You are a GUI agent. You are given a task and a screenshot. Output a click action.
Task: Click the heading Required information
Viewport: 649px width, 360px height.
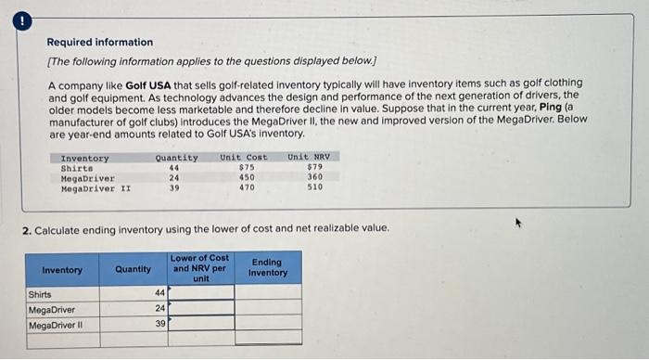[100, 43]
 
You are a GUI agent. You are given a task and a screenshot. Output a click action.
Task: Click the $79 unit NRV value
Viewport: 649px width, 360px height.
[314, 167]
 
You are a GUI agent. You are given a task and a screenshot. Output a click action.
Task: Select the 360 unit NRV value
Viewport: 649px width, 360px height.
[314, 177]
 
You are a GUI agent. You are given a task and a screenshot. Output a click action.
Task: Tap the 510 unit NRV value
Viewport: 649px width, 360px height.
[314, 187]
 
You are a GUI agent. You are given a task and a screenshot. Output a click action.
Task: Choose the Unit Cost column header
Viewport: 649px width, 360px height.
[243, 157]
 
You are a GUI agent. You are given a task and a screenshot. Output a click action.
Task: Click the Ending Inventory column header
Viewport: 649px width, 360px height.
[268, 268]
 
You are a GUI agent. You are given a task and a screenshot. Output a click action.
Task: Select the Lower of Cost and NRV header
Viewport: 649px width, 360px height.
[199, 267]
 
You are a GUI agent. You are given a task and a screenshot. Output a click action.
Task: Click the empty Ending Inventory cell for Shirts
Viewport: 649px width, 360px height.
[268, 293]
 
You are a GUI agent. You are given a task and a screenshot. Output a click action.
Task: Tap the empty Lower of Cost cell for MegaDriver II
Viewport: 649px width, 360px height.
[199, 325]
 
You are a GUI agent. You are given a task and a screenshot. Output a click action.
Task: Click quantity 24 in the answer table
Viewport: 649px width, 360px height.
[159, 309]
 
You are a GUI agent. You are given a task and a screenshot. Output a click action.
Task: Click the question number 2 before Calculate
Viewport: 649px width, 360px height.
[27, 228]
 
